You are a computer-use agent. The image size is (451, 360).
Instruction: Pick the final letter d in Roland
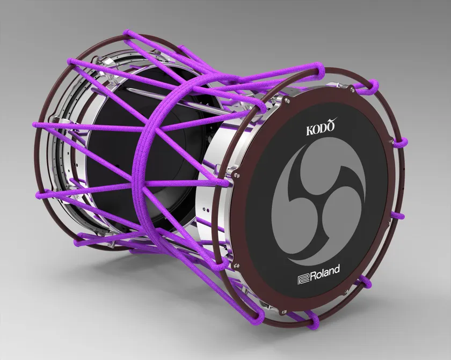pyautogui.click(x=337, y=269)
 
